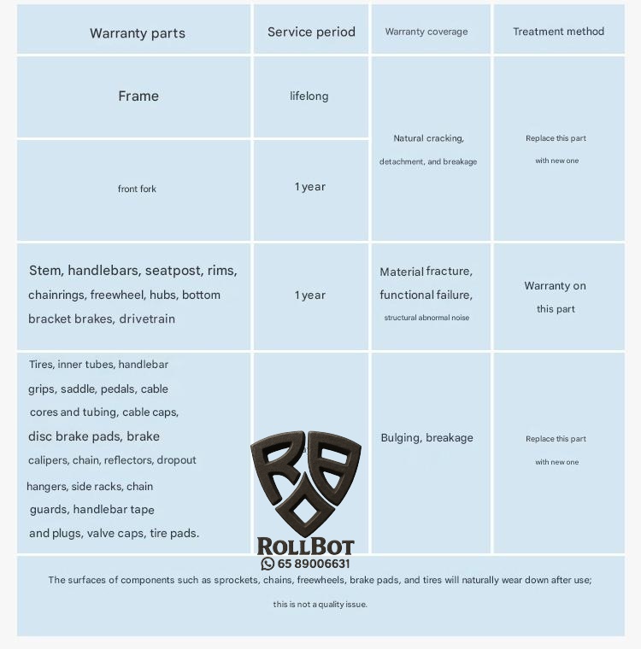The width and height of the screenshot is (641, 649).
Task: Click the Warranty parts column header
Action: point(138,33)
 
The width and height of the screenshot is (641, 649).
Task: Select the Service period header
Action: point(311,32)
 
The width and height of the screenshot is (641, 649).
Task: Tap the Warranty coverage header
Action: point(426,32)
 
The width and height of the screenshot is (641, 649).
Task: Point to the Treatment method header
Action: point(558,32)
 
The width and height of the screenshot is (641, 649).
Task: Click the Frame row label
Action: point(138,96)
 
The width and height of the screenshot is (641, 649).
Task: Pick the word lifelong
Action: point(309,96)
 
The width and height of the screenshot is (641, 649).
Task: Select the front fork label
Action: point(137,189)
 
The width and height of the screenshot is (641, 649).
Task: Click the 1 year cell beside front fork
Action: point(310,187)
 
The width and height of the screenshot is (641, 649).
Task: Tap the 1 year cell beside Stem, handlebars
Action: point(310,295)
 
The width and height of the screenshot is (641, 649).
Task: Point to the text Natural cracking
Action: point(428,138)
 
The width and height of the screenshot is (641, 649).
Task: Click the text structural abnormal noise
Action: point(426,318)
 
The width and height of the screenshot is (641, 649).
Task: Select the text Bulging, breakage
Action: point(426,438)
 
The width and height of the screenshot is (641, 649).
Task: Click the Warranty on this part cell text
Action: point(556,297)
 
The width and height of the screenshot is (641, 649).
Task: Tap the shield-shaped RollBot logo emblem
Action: point(305,482)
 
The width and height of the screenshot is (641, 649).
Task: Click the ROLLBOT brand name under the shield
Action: point(305,547)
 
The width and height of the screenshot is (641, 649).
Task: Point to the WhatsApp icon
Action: point(268,564)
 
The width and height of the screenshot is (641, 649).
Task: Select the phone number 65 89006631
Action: point(314,564)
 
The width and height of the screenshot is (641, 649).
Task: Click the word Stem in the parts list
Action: point(45,271)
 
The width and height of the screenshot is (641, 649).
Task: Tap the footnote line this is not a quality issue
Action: point(320,605)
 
